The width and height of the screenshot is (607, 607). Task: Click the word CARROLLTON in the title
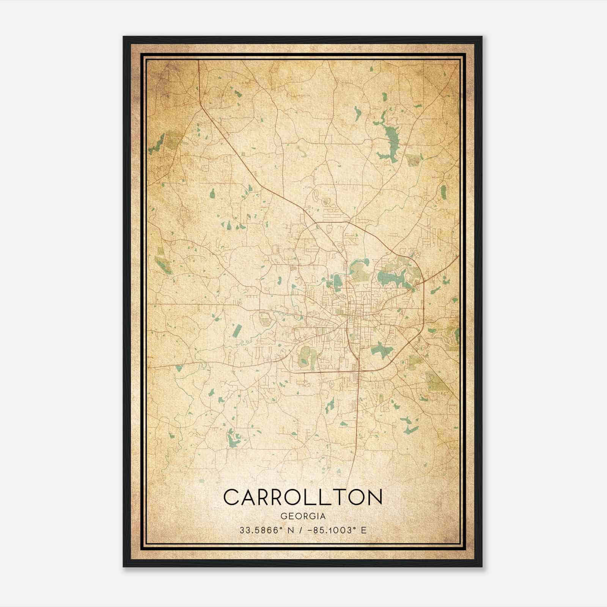point(303,497)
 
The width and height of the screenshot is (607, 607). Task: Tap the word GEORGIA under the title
point(303,516)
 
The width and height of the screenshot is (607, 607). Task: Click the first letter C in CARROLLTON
point(231,497)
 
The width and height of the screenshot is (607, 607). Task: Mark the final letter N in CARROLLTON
point(374,497)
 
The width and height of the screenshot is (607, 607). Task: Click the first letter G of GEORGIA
point(283,516)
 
